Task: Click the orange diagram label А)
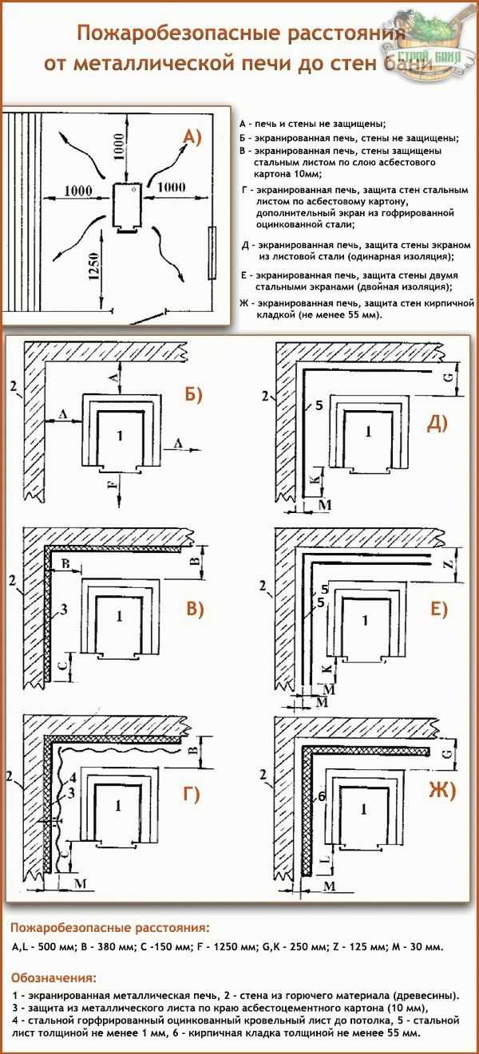point(192,137)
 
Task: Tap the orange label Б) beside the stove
point(192,394)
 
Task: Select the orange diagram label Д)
point(437,424)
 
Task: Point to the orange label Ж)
point(441,791)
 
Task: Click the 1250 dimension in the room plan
point(93,268)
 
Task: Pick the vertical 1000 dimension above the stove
point(118,147)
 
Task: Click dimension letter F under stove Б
point(112,483)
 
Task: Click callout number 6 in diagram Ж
point(322,796)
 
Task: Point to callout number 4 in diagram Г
point(72,776)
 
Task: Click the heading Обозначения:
point(53,977)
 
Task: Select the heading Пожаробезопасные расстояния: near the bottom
point(110,928)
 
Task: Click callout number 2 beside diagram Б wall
point(14,386)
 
